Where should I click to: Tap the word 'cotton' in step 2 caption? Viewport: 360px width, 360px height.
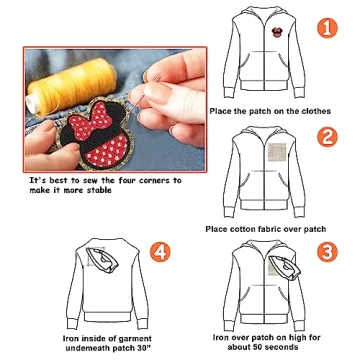pos(248,228)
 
